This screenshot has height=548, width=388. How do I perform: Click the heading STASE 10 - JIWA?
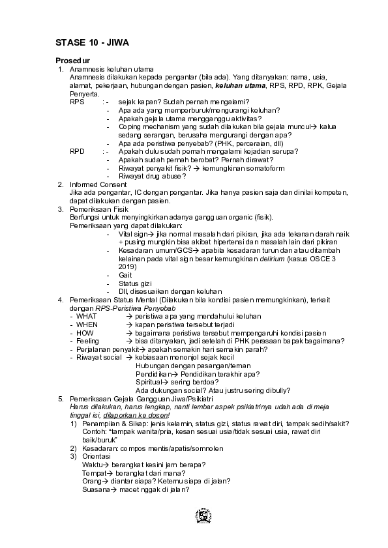92,43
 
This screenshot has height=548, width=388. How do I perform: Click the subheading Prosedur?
73,61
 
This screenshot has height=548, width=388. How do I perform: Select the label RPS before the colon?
77,102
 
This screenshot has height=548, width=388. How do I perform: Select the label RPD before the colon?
77,151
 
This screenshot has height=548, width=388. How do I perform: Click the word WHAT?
87,315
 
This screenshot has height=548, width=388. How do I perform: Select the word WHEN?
87,324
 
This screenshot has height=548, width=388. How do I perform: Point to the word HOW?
85,332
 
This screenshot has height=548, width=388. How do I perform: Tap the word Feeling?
88,341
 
